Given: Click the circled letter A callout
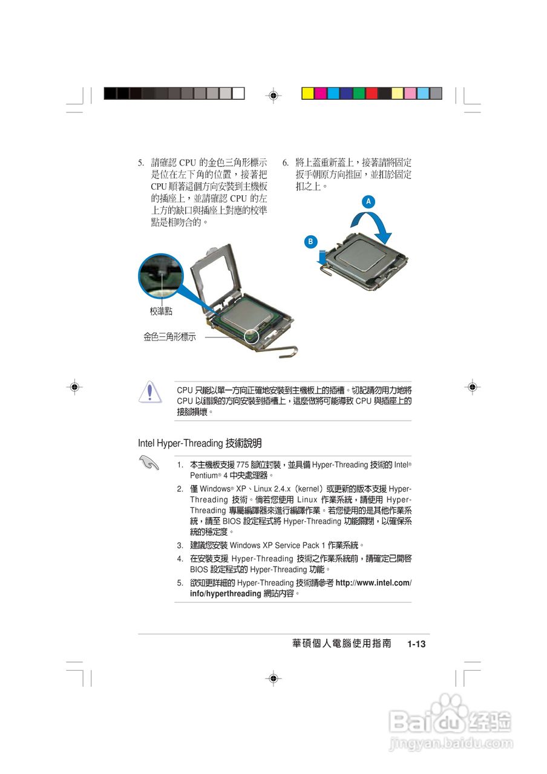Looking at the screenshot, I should [x=367, y=201].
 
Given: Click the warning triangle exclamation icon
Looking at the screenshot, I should [x=147, y=392].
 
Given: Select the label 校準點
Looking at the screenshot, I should [x=161, y=311].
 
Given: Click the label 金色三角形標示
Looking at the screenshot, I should [x=169, y=337].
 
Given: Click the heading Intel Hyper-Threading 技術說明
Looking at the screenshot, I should [x=200, y=443].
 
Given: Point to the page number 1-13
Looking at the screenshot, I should [x=416, y=644].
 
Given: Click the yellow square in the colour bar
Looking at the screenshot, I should [x=307, y=93].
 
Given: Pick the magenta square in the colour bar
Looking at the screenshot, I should [x=321, y=93].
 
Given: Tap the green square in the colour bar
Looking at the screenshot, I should [x=359, y=93].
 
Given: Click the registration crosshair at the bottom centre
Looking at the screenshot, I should [x=273, y=678].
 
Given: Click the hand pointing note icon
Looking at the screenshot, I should [x=148, y=464].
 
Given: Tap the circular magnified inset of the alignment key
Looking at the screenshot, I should [x=160, y=276].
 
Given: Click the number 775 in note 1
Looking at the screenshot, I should [x=242, y=465].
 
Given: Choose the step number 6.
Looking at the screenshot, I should [x=285, y=163].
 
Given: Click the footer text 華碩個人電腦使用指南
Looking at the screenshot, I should [x=342, y=644].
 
